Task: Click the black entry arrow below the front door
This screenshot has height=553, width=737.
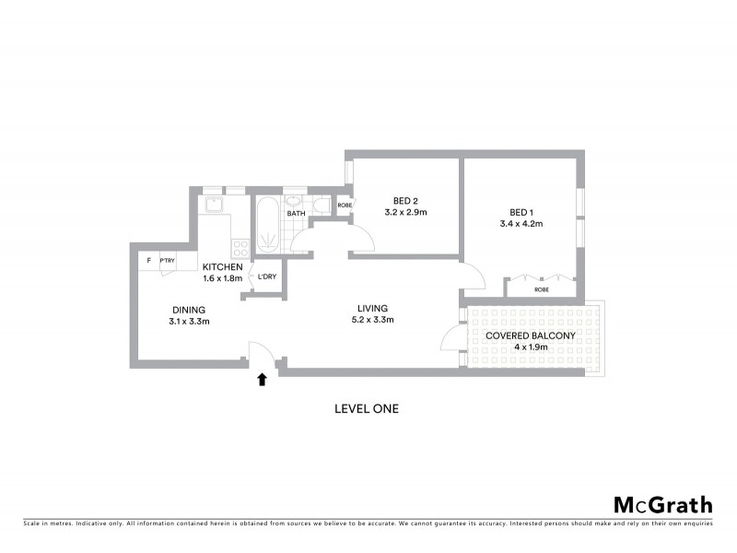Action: [x=263, y=378]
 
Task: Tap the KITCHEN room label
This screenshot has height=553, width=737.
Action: [x=222, y=267]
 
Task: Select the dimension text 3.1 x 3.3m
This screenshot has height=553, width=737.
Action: [x=188, y=322]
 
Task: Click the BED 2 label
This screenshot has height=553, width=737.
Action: [x=405, y=200]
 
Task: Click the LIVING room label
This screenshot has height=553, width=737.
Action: [x=373, y=308]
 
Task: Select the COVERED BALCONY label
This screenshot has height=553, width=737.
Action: [x=530, y=335]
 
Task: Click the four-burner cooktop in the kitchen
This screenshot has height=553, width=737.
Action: [x=240, y=246]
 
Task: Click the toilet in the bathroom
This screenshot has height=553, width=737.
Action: [x=316, y=205]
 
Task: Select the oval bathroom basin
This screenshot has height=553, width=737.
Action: [x=294, y=200]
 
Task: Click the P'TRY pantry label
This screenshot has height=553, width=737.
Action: [x=168, y=261]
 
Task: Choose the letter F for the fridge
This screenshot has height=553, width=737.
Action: [x=149, y=261]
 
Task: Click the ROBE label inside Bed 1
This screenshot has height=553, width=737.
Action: [x=543, y=288]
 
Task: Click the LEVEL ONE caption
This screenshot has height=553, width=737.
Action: [x=366, y=408]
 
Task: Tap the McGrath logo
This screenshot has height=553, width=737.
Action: [x=662, y=504]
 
